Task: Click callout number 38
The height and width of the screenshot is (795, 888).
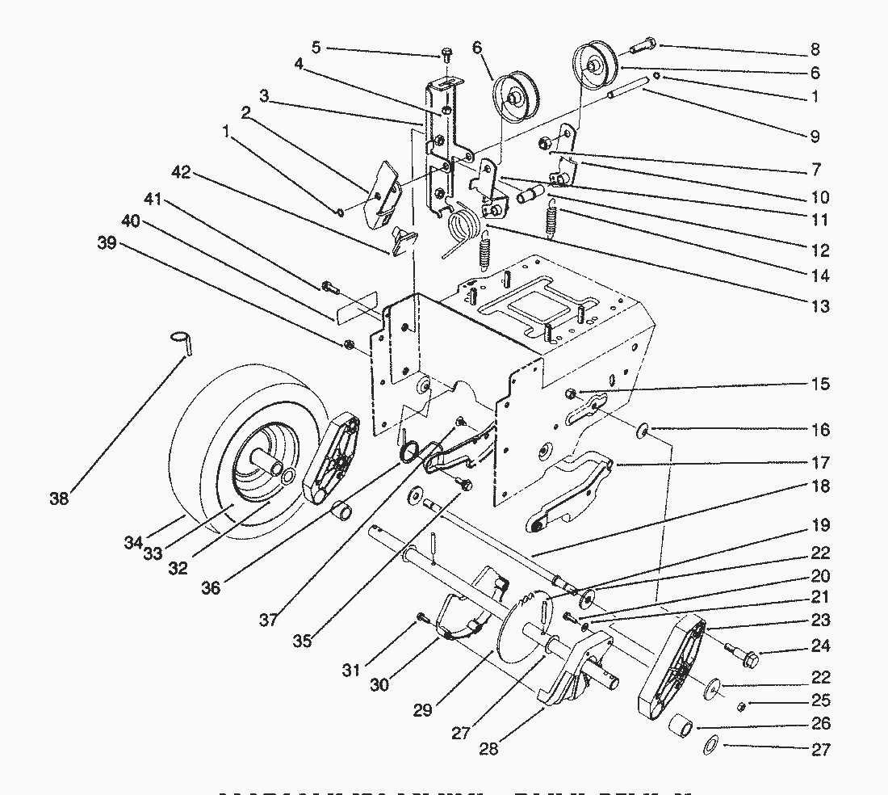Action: (59, 498)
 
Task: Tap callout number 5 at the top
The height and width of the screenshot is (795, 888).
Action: (316, 48)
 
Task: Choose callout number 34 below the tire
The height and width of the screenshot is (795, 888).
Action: (133, 543)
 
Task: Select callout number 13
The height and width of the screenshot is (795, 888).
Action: (819, 306)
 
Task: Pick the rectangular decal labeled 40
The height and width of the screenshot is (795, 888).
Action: (356, 305)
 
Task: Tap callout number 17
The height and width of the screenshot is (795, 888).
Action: (820, 463)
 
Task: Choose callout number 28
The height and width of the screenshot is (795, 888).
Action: (488, 750)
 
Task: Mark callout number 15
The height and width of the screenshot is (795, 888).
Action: (820, 384)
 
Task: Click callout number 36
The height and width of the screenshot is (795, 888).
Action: (211, 588)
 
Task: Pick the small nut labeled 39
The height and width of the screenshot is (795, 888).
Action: (349, 345)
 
